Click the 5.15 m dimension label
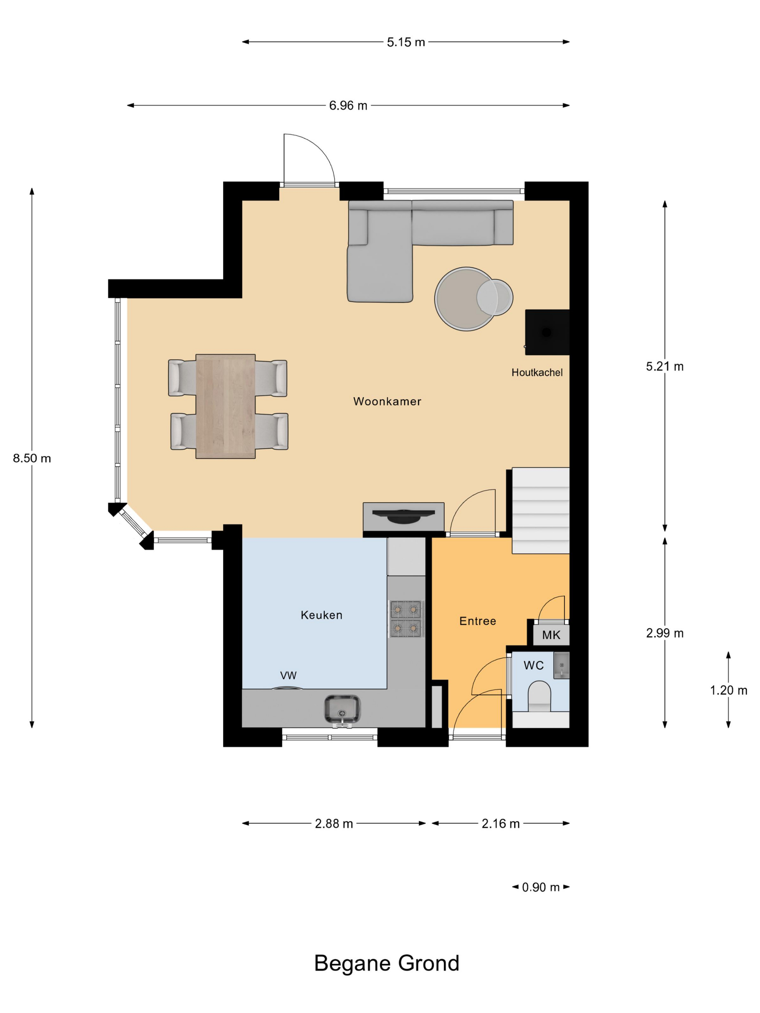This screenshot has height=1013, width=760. pyautogui.click(x=405, y=42)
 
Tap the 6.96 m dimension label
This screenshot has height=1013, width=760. pyautogui.click(x=348, y=106)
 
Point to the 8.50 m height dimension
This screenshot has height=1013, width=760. pyautogui.click(x=31, y=458)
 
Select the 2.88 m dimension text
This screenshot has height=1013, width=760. pyautogui.click(x=334, y=824)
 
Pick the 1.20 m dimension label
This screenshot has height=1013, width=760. pyautogui.click(x=728, y=690)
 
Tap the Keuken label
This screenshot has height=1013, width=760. pyautogui.click(x=321, y=615)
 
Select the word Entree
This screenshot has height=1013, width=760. pyautogui.click(x=477, y=621)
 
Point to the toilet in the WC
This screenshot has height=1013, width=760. pyautogui.click(x=539, y=696)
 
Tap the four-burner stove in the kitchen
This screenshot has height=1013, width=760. pyautogui.click(x=406, y=619)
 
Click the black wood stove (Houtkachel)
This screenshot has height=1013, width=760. pyautogui.click(x=547, y=332)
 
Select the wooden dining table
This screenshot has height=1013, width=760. pyautogui.click(x=225, y=406)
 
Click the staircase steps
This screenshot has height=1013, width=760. pyautogui.click(x=541, y=510)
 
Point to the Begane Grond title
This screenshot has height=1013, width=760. pyautogui.click(x=387, y=963)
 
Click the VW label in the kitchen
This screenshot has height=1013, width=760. pyautogui.click(x=288, y=675)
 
